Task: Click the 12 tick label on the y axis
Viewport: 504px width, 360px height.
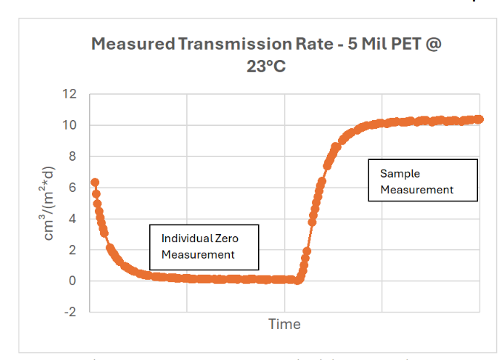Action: (70, 94)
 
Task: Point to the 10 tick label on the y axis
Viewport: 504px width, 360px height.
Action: (70, 125)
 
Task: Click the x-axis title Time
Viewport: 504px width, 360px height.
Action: (285, 324)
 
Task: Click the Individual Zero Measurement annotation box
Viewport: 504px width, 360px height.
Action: (204, 247)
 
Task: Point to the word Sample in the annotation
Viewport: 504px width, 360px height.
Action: (400, 173)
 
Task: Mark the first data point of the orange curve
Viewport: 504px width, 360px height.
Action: (95, 182)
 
